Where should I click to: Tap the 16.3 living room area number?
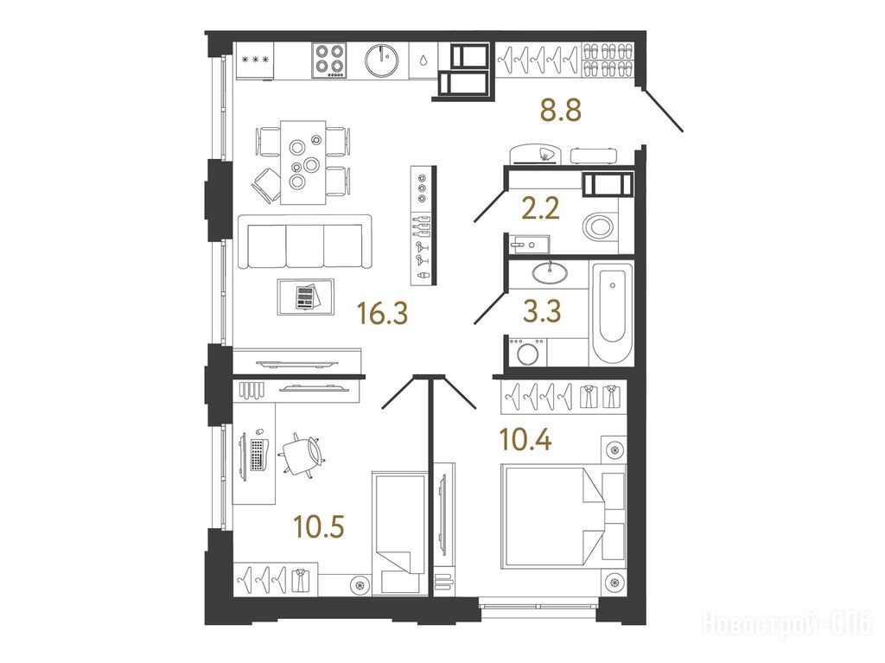click(x=383, y=314)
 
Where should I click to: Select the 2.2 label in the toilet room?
click(x=541, y=208)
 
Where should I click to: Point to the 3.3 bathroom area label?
click(x=542, y=310)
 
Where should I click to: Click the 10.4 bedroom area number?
click(x=526, y=440)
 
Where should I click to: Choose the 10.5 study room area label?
click(x=319, y=527)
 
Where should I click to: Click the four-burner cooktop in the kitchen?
click(x=329, y=61)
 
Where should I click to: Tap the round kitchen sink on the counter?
click(x=381, y=60)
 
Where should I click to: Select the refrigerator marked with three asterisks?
click(x=255, y=61)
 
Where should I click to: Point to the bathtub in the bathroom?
click(x=611, y=314)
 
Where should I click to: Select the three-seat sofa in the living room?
click(x=305, y=241)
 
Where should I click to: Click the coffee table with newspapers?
click(x=305, y=296)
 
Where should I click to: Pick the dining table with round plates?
click(x=303, y=162)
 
